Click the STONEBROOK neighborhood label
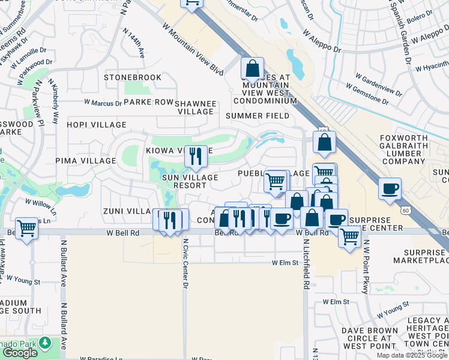(133, 77)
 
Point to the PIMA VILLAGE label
(85, 161)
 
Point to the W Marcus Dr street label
(103, 103)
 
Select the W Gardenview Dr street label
(378, 84)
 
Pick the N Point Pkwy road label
(365, 274)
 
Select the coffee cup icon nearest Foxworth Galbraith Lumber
(390, 189)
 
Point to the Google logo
(20, 352)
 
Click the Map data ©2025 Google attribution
(411, 355)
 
